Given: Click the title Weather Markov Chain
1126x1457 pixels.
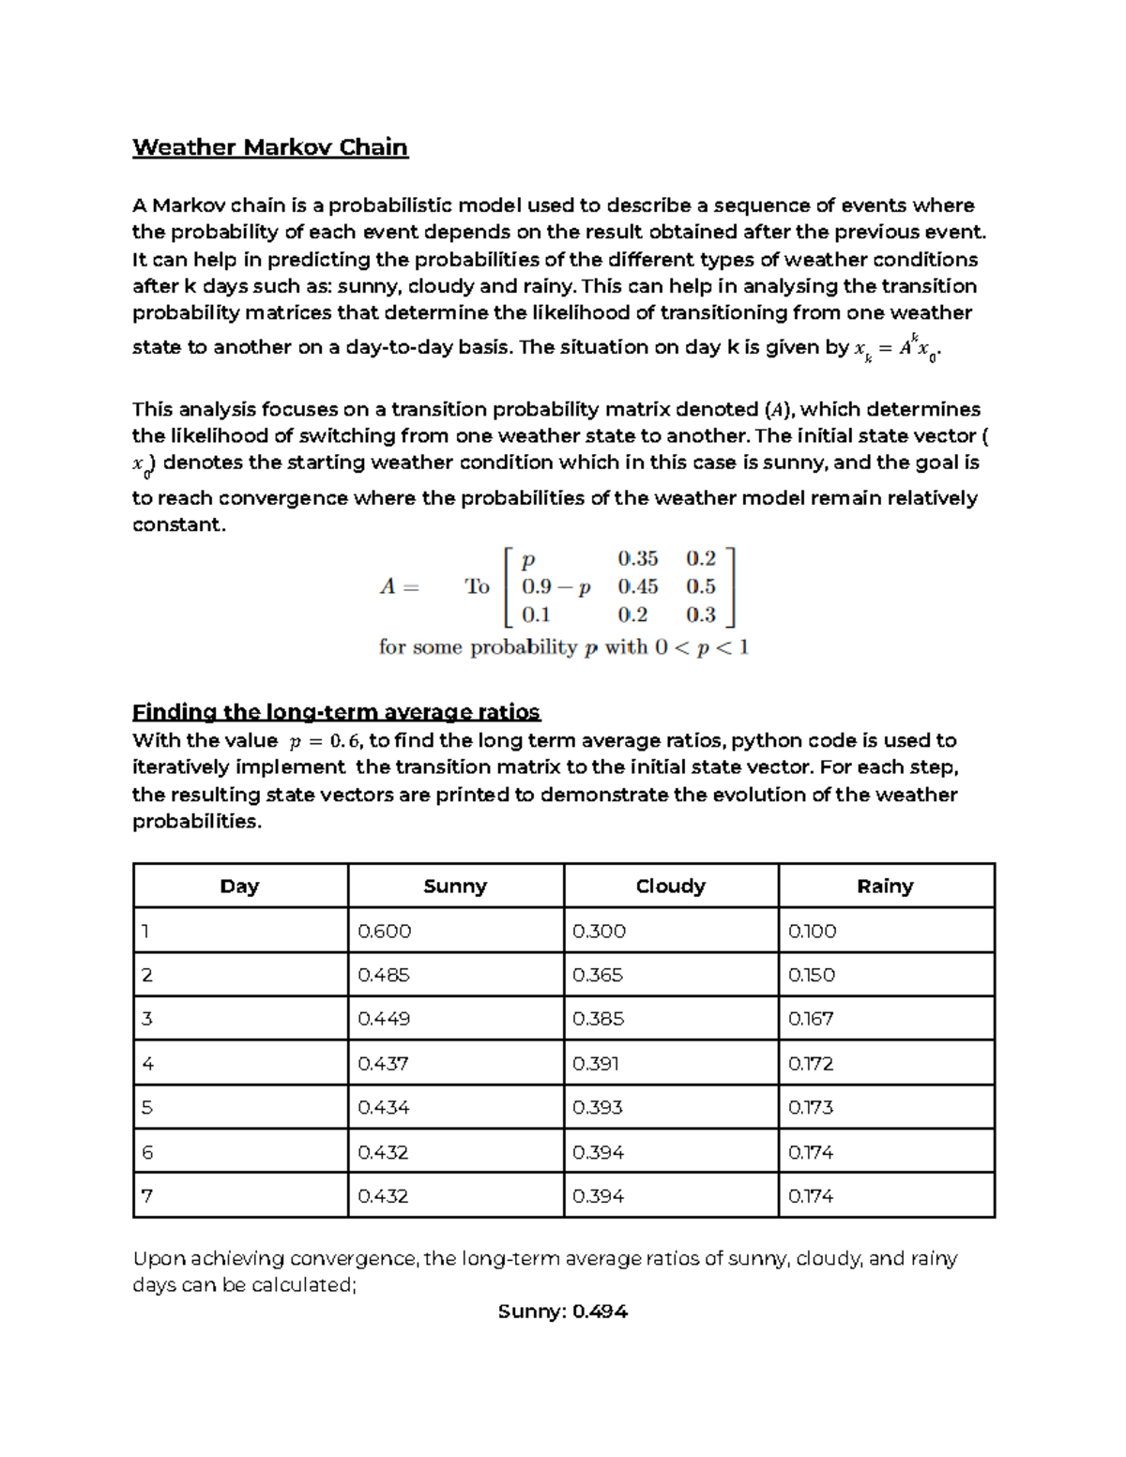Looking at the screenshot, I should click(x=270, y=147).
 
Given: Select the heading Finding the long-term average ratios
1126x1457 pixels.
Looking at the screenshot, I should click(x=336, y=712).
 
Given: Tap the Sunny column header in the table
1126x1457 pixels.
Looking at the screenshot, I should click(x=455, y=887).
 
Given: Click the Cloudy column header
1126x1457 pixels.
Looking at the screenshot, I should click(x=670, y=887).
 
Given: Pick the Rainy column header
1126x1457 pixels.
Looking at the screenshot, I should click(x=885, y=887).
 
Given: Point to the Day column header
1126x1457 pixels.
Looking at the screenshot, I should click(x=239, y=887).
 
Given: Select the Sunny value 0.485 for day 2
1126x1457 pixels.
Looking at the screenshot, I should click(x=384, y=975).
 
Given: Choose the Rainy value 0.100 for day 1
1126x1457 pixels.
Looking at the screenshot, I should click(x=812, y=931).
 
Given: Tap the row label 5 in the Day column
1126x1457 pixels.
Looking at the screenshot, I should click(x=146, y=1108).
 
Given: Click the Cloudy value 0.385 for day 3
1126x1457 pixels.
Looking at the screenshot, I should click(x=598, y=1019).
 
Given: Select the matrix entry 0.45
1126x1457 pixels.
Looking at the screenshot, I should click(x=638, y=586).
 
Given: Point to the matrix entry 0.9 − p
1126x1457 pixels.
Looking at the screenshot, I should click(x=556, y=587).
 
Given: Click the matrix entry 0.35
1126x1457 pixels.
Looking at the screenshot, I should click(x=638, y=558).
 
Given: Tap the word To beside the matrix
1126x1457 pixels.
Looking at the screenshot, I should click(x=477, y=587).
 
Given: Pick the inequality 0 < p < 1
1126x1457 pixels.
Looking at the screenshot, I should click(x=703, y=647).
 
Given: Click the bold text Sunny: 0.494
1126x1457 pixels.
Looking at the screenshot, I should click(x=562, y=1312).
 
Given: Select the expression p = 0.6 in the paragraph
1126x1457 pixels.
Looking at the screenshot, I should click(x=324, y=741).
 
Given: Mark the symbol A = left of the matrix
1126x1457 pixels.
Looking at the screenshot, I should click(x=399, y=587).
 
